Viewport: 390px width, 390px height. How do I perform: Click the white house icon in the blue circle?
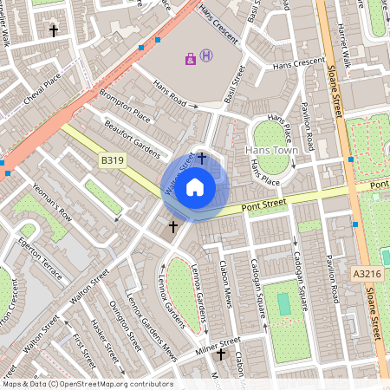[x=195, y=186]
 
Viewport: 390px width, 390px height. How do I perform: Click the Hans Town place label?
[x=271, y=150]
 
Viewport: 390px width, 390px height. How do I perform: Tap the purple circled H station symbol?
[x=205, y=56]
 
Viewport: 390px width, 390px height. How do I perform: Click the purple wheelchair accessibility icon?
[x=191, y=59]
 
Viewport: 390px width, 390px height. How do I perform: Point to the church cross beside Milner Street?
[x=220, y=354]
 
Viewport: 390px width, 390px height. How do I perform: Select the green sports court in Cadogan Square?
[x=283, y=304]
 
